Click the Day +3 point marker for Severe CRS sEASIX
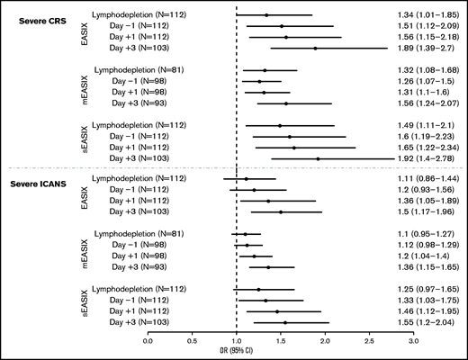point(318,158)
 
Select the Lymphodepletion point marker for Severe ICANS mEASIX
point(245,234)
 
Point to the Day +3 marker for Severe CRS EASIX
point(315,48)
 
